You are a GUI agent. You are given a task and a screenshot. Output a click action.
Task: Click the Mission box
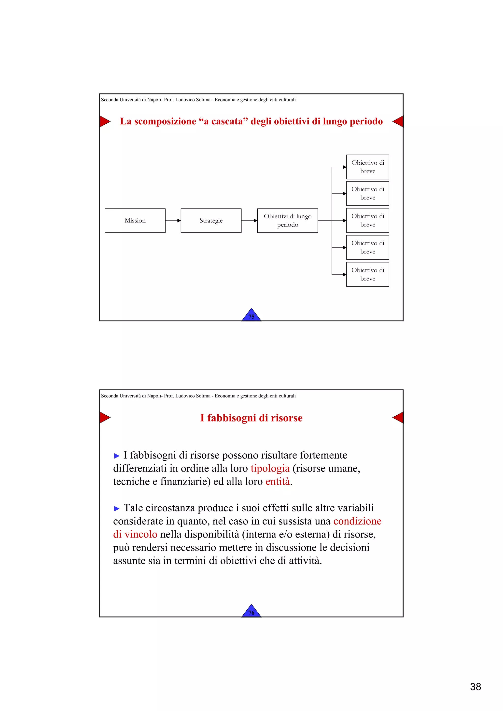tap(135, 221)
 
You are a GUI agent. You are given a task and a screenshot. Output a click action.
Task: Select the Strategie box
tap(211, 221)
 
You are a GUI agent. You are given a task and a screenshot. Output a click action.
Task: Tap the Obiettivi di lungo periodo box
tap(287, 221)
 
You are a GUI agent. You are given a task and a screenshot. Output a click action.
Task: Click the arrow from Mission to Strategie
tap(173, 221)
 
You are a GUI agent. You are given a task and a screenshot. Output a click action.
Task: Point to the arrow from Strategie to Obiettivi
tap(249, 221)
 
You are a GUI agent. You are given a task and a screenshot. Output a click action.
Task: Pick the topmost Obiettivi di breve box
tap(368, 167)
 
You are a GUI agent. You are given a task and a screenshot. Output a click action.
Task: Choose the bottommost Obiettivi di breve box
tap(368, 274)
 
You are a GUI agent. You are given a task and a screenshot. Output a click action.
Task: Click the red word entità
tap(278, 482)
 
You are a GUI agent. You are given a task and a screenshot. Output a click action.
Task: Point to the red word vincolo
tap(141, 534)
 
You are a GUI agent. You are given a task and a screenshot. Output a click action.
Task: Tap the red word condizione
tap(357, 521)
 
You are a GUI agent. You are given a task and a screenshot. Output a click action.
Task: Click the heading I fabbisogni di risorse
tap(251, 418)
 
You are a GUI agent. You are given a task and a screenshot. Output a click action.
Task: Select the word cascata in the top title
tap(223, 121)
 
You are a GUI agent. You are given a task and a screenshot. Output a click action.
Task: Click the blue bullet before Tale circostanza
tap(117, 509)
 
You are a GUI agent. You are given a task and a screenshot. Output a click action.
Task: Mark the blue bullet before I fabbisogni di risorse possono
tap(117, 456)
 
